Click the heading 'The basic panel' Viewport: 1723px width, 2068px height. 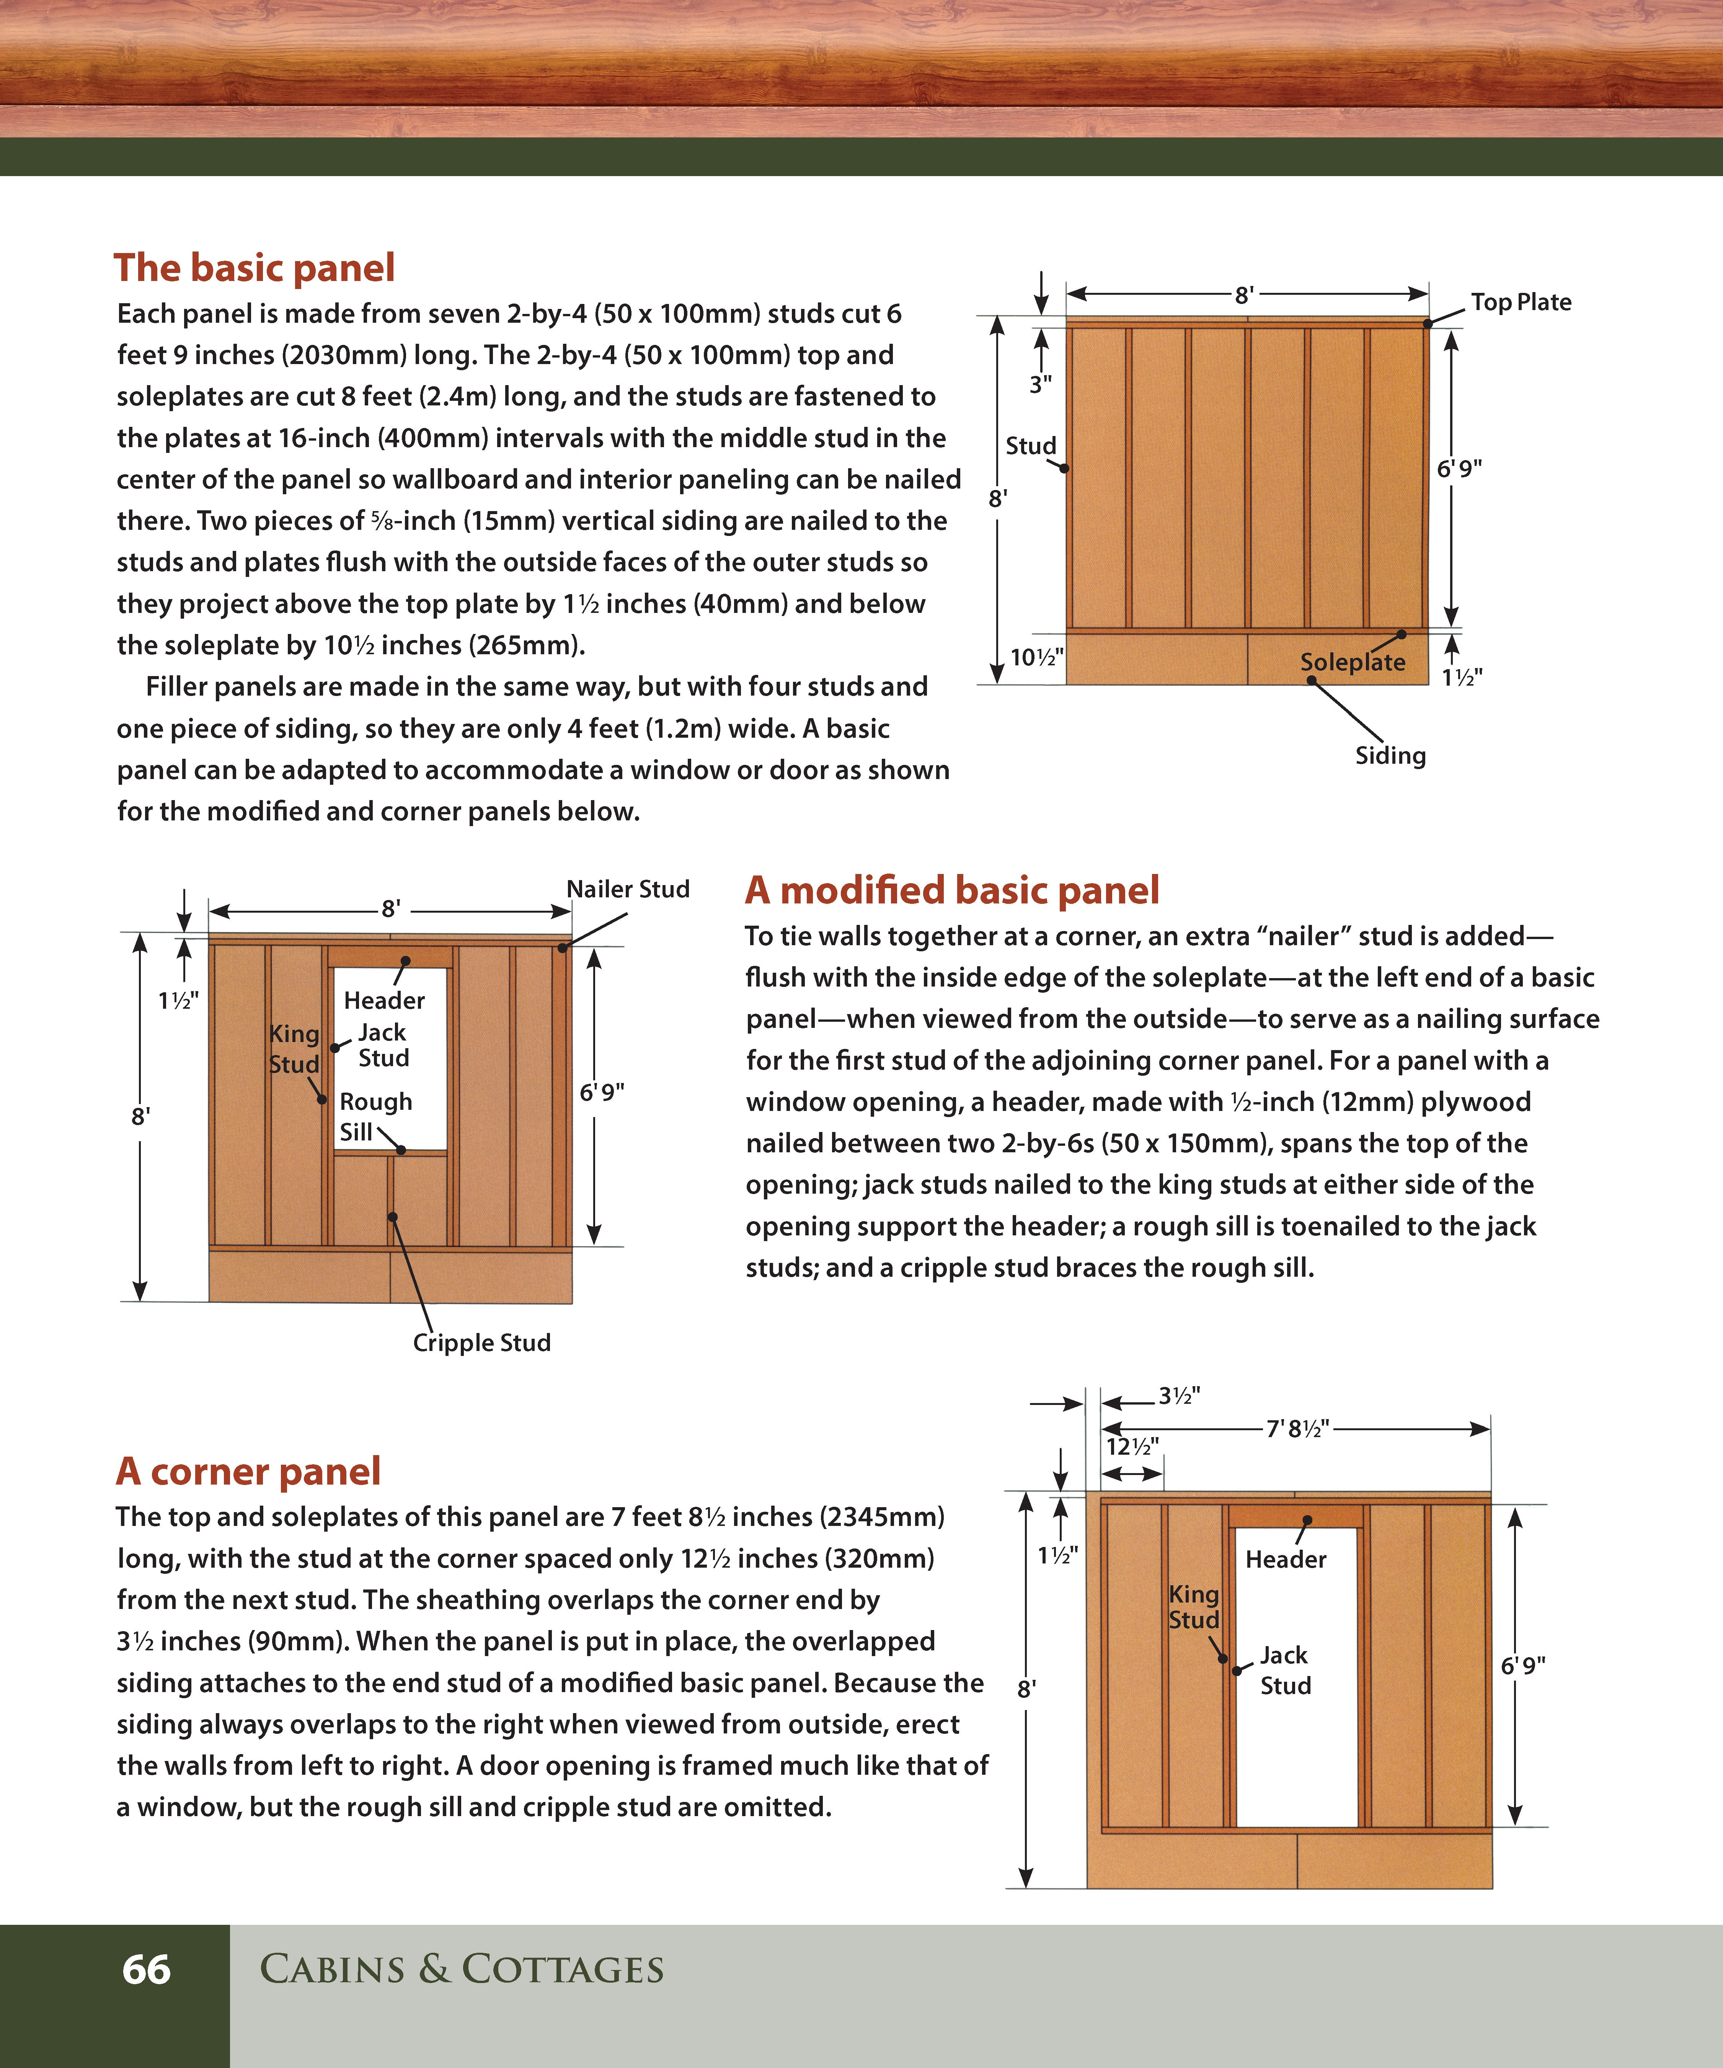tap(254, 268)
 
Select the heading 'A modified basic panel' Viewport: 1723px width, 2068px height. tap(952, 890)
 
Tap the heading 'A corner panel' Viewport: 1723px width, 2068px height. tap(248, 1471)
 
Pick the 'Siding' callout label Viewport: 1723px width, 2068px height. tap(1390, 755)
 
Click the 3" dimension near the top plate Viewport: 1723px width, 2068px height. tap(1041, 385)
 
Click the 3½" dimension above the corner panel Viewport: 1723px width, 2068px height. tap(1178, 1395)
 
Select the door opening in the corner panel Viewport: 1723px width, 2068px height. tap(1296, 1733)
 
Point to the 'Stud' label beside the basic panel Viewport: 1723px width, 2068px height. tap(1030, 446)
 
